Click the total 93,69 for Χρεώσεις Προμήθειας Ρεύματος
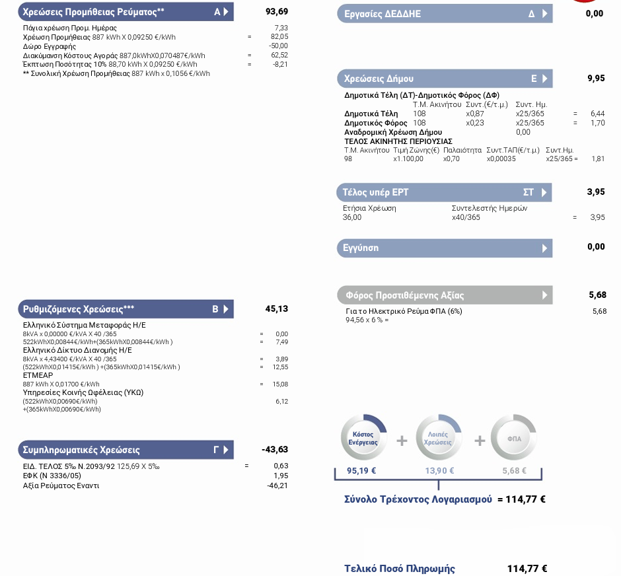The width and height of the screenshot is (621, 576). (277, 11)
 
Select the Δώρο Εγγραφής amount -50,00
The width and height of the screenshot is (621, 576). (278, 46)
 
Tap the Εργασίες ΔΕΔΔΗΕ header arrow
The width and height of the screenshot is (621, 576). (545, 14)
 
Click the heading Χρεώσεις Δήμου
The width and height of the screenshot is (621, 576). (379, 79)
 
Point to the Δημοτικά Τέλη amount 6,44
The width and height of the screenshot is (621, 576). (598, 114)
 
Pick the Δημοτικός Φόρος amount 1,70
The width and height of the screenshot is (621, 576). (598, 123)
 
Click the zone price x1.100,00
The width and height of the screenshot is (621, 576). (408, 159)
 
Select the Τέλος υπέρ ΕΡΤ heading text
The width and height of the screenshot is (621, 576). (375, 192)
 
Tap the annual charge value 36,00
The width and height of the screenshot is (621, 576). (352, 217)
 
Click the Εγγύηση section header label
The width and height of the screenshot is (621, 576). (361, 248)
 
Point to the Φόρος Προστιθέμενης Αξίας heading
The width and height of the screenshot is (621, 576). (405, 295)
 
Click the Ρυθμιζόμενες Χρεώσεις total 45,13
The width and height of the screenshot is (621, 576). (277, 308)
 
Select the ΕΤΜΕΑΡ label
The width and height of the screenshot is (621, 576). (38, 375)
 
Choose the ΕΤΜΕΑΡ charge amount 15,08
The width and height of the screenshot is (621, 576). (280, 384)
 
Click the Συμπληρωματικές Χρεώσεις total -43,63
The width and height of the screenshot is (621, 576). (275, 450)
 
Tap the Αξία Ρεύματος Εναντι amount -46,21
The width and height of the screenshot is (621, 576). (277, 486)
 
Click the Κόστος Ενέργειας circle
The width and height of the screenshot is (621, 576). (363, 437)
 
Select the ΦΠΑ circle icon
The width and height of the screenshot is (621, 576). (514, 437)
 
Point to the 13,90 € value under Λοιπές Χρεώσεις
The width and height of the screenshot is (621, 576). (439, 471)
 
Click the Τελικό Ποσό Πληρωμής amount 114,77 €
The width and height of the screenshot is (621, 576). (527, 569)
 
